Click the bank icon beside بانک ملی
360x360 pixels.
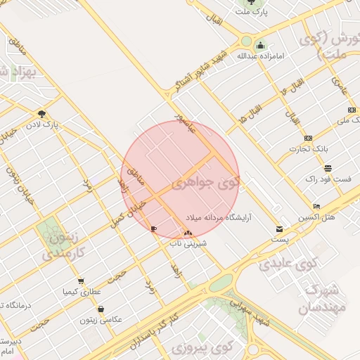click(x=352, y=110)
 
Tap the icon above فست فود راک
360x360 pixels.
click(x=328, y=168)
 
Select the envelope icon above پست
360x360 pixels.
click(x=279, y=229)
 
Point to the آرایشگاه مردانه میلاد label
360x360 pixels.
click(x=229, y=217)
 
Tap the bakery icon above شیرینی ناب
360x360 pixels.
click(x=188, y=233)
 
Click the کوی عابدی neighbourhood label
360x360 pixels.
click(x=288, y=264)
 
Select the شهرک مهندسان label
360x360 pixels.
click(x=323, y=299)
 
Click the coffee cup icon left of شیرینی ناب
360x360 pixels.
click(x=154, y=229)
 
